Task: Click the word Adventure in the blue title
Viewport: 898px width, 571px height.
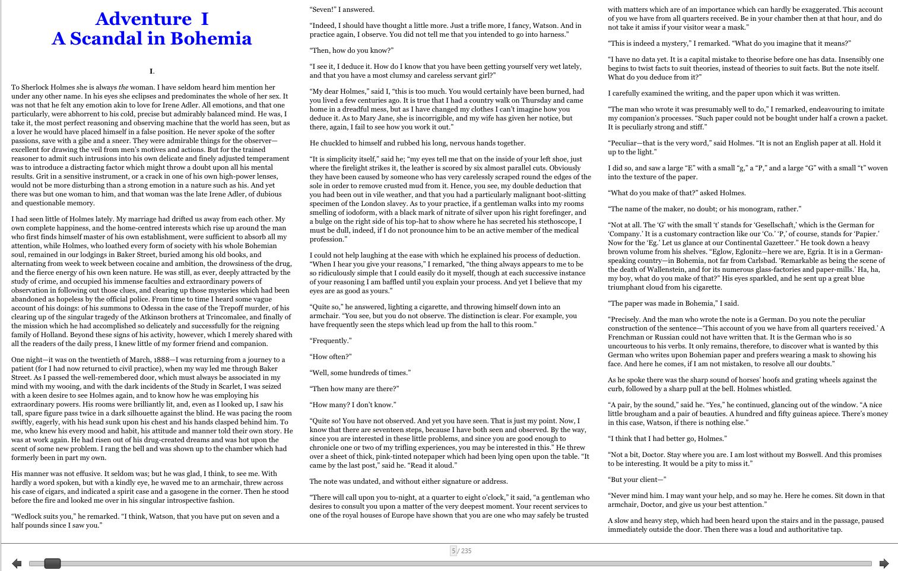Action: coord(143,19)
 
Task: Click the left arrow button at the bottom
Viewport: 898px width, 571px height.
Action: coord(17,563)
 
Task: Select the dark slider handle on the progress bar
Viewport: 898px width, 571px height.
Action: coord(52,563)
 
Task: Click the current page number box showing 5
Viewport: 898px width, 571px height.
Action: coord(453,551)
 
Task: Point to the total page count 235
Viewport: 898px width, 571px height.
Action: coord(467,551)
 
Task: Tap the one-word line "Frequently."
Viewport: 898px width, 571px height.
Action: coord(331,341)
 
